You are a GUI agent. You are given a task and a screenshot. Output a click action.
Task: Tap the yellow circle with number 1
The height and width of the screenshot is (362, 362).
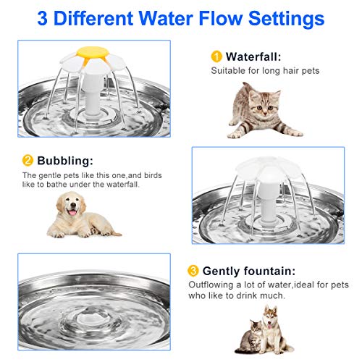pyautogui.click(x=216, y=56)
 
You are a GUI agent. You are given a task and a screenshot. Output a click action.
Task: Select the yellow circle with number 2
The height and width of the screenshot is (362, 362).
pyautogui.click(x=27, y=160)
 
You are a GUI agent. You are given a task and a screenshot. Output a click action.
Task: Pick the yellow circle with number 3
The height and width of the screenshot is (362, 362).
pyautogui.click(x=193, y=271)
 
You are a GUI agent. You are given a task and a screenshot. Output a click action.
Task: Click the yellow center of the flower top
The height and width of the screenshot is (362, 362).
pyautogui.click(x=88, y=54)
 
